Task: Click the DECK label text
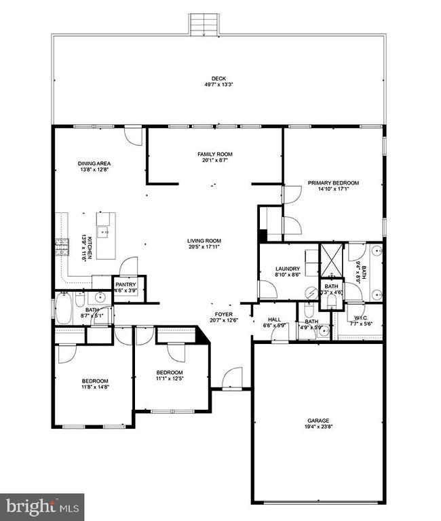(218, 79)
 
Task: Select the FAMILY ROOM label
(214, 155)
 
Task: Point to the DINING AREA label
(94, 163)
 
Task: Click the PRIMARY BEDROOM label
(332, 183)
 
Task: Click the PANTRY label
(126, 284)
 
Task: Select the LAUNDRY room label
(287, 269)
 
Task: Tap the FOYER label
(224, 315)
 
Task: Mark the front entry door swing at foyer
(233, 377)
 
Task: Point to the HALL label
(274, 319)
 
